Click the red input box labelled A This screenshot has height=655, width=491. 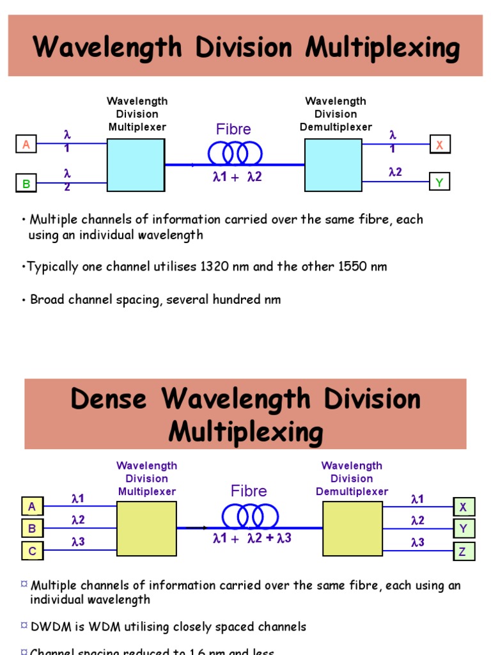(26, 145)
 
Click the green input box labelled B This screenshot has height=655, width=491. (26, 184)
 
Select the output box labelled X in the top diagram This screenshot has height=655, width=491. (439, 145)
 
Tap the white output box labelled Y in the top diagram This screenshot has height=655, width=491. (439, 183)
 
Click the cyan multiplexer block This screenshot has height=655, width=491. (136, 165)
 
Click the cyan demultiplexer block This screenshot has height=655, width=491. (333, 165)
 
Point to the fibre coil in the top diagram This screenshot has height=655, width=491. (235, 153)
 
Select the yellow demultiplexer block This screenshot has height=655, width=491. (352, 528)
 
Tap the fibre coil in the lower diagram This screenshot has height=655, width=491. (250, 515)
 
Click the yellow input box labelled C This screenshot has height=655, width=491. (31, 551)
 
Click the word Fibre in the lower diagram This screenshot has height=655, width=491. (249, 491)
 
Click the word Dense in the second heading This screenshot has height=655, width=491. (109, 399)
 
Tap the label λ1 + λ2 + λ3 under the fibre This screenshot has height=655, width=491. (252, 539)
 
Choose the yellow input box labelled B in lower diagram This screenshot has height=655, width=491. (31, 529)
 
